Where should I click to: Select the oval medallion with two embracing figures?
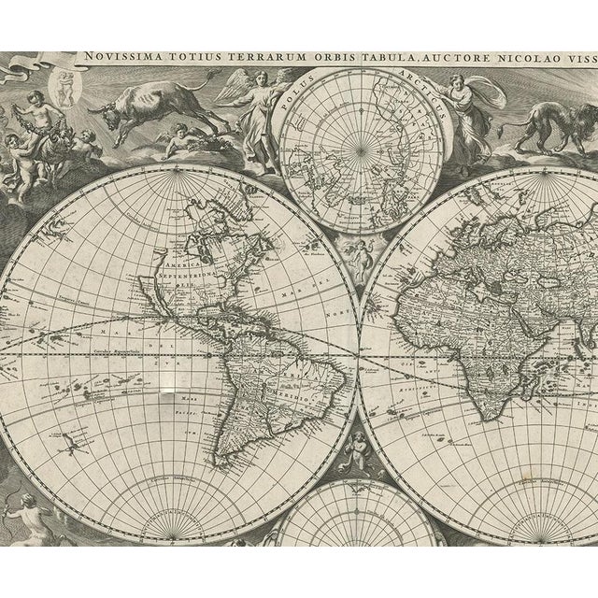coord(66,85)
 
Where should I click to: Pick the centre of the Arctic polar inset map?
coord(360,149)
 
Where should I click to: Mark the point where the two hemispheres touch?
coord(359,353)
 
